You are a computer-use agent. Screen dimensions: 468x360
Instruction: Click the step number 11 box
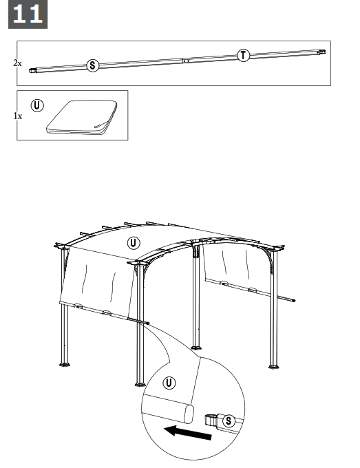28,15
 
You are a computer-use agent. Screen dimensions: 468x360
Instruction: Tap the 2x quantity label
17,63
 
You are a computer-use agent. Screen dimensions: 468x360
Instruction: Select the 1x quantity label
17,116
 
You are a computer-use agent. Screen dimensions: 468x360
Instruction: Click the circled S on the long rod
92,65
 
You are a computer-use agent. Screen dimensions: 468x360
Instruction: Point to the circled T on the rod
243,55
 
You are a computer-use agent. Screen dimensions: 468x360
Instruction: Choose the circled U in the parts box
37,106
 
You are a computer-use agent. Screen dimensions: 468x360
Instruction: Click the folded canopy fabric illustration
81,117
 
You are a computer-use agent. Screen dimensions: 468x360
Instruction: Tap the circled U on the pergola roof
134,243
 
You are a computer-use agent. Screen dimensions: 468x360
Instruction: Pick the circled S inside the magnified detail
230,420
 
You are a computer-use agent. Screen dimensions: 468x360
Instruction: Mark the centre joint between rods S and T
184,61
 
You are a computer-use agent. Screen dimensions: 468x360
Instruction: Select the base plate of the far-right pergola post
275,365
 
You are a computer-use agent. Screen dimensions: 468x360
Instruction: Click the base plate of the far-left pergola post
66,364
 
